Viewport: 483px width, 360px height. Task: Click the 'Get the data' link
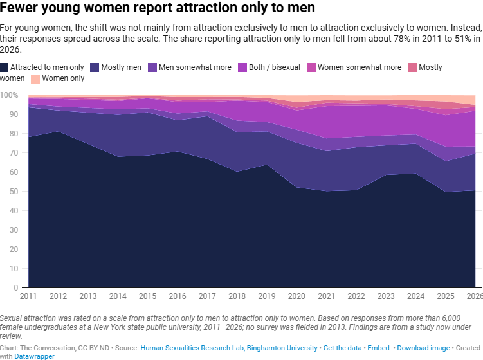pos(342,348)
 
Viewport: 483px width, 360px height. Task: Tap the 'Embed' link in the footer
pos(378,348)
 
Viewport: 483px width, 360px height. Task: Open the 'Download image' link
pos(423,348)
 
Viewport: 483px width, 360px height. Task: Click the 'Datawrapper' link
pos(34,356)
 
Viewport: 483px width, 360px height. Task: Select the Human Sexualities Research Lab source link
pos(229,348)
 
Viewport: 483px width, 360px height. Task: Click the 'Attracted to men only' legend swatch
pos(4,67)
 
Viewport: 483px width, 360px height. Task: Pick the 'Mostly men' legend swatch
pos(95,67)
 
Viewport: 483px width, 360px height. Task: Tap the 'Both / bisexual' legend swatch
pos(242,67)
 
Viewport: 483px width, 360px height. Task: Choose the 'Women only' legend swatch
pos(35,79)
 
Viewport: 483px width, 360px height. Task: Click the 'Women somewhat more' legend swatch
pos(311,67)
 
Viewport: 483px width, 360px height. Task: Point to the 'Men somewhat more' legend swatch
pos(152,67)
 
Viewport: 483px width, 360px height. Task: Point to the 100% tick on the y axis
pos(9,95)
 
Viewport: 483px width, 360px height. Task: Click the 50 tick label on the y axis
pos(14,191)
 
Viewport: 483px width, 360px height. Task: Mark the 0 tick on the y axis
pos(16,287)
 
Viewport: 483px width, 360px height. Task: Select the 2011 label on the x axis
pos(28,296)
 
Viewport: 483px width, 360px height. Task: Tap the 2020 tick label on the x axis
pos(296,296)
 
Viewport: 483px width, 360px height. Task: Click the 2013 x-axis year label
pos(88,296)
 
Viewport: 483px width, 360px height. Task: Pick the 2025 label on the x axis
pos(446,296)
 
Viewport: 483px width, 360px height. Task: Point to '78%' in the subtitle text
pos(402,39)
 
